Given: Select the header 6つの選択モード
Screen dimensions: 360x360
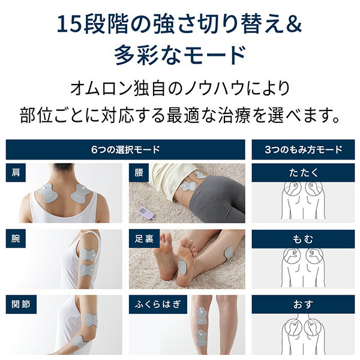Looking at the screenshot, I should (x=125, y=149).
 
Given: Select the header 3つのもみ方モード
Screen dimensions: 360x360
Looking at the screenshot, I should (x=303, y=149).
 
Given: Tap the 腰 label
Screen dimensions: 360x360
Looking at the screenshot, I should (x=139, y=172).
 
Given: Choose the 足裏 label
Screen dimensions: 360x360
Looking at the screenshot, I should (x=144, y=238).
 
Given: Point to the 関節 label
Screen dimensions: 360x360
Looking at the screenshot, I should (x=20, y=304).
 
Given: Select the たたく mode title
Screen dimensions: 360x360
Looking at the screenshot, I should (x=303, y=172).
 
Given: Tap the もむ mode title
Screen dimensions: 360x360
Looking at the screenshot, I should (x=303, y=238).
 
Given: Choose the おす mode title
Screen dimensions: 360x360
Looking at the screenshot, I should (x=303, y=304).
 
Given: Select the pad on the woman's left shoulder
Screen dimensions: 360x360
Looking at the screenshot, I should (x=81, y=192).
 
